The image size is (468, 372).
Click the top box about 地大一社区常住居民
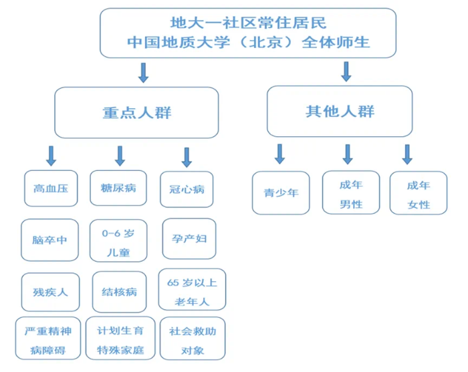click(248, 32)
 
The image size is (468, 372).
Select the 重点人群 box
click(136, 112)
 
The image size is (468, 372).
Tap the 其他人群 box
click(340, 111)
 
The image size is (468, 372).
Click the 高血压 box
click(50, 188)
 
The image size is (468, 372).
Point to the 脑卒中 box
click(50, 240)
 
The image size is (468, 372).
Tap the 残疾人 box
click(50, 292)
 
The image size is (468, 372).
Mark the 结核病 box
click(120, 292)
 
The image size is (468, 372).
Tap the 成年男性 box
click(351, 193)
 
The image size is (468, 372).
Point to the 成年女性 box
click(419, 193)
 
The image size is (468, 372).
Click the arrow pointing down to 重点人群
click(143, 72)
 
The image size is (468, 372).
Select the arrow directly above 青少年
click(280, 154)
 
